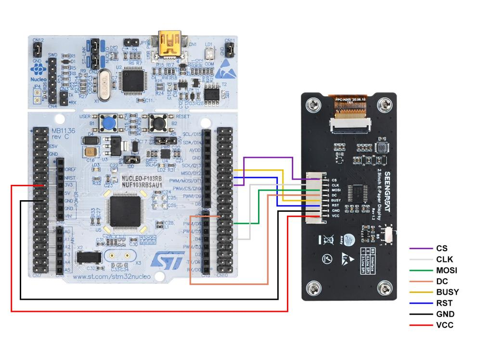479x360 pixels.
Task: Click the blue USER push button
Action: click(110, 124)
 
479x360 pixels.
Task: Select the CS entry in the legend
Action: click(441, 248)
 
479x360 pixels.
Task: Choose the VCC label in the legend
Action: click(444, 325)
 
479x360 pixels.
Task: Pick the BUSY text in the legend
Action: click(447, 292)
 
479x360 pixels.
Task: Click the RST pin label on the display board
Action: click(336, 206)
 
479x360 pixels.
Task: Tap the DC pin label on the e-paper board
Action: click(334, 195)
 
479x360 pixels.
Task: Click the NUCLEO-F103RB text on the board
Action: click(142, 178)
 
